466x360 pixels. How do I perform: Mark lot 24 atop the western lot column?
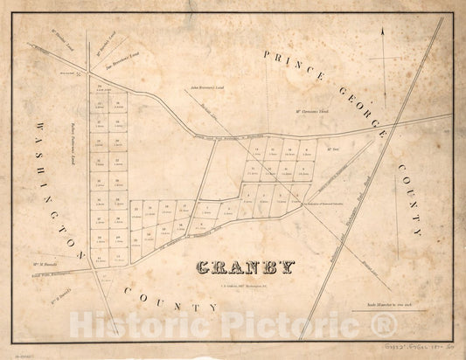(x=101, y=87)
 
